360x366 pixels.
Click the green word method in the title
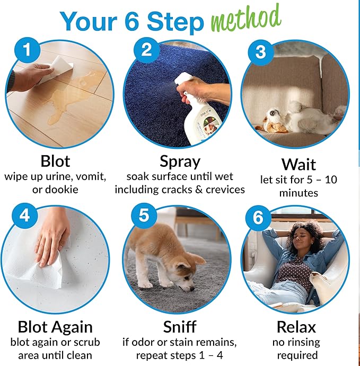pos(246,19)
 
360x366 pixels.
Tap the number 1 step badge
pos(28,50)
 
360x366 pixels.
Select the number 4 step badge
pos(25,216)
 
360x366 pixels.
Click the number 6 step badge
pos(258,218)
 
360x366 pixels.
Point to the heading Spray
pos(180,162)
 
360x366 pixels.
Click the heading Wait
pos(298,164)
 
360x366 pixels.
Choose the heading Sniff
pos(180,327)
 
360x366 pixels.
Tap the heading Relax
pos(296,327)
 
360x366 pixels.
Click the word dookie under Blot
pos(62,189)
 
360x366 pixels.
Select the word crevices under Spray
pos(225,190)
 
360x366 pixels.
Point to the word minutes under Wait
pos(298,193)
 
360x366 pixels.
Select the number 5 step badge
pos(144,215)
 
